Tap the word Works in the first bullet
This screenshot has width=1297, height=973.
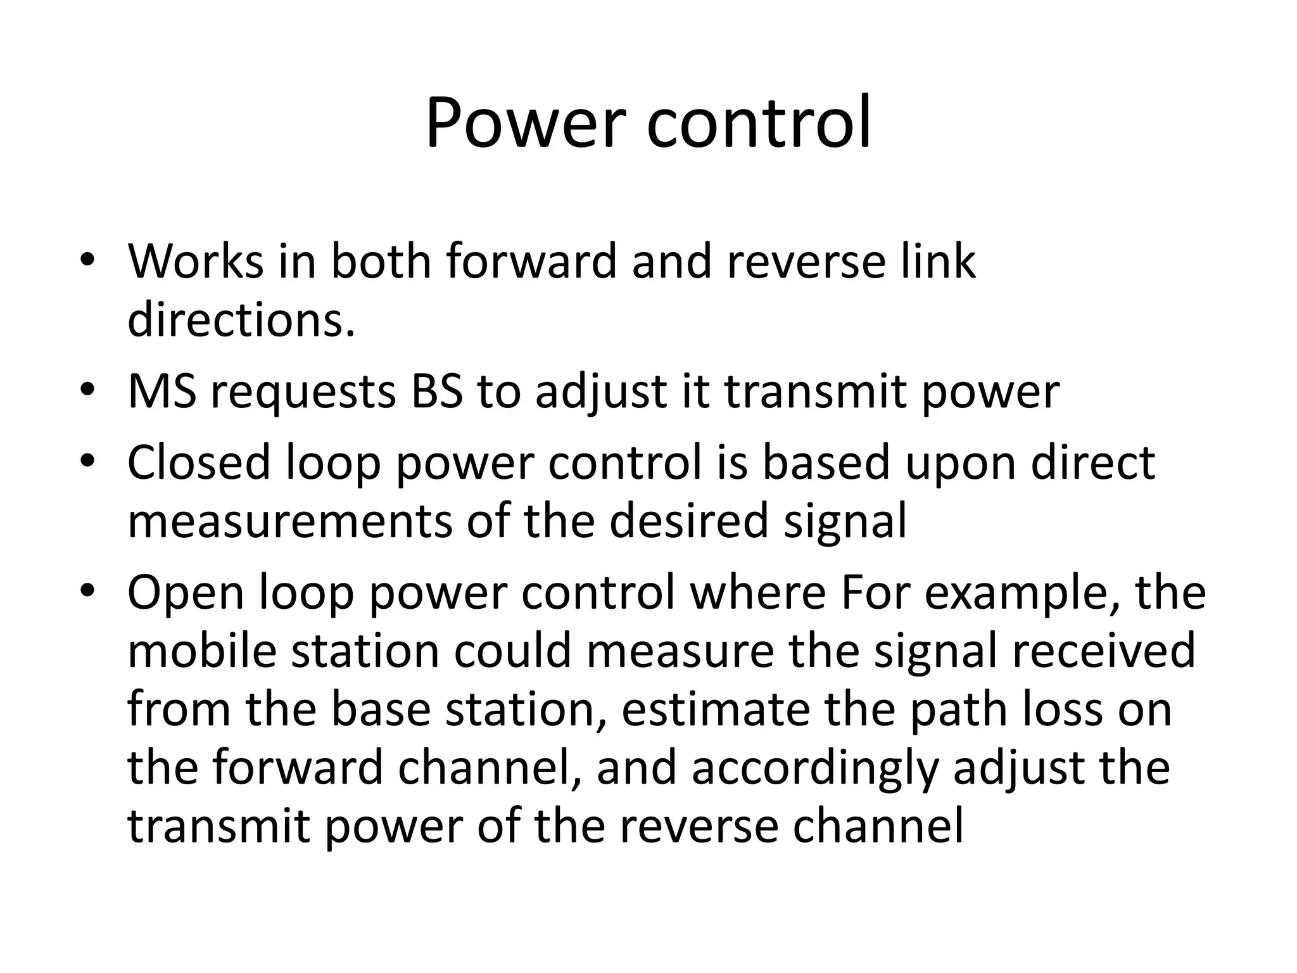195,261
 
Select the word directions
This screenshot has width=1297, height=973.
241,320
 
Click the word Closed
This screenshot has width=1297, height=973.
199,462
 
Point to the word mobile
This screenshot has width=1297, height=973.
202,651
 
